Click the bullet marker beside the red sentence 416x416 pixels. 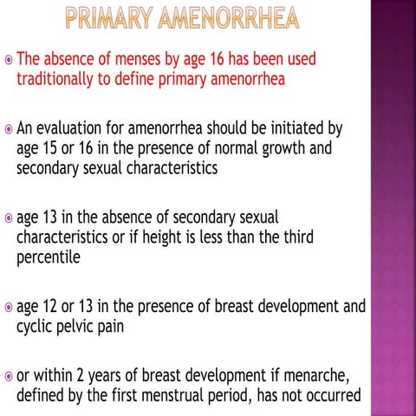[x=7, y=61]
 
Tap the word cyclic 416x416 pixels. [x=36, y=327]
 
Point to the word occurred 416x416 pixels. [x=326, y=397]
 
